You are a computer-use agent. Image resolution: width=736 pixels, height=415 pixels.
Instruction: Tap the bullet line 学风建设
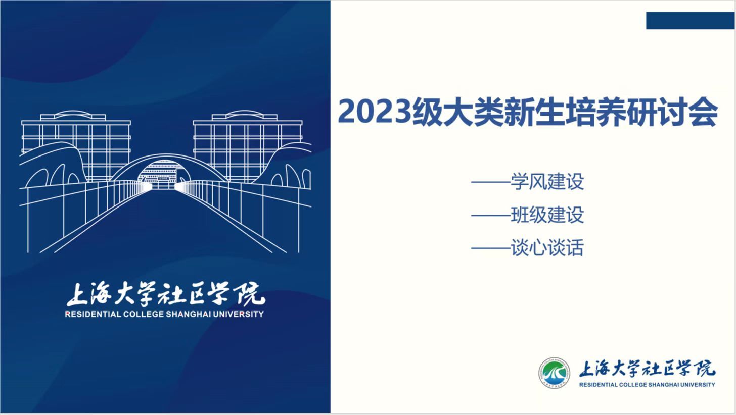(x=528, y=181)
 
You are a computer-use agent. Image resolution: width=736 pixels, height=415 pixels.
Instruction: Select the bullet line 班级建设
(x=528, y=215)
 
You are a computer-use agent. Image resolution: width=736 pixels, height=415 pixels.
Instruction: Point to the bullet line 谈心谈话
(x=528, y=248)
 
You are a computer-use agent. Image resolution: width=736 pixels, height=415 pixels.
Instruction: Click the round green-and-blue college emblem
(x=554, y=373)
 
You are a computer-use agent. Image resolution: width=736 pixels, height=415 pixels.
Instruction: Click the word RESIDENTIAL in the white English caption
(x=93, y=315)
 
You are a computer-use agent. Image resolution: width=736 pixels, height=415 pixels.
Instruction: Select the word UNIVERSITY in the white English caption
(x=239, y=315)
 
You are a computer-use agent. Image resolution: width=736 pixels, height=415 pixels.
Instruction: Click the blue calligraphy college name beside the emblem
(x=647, y=369)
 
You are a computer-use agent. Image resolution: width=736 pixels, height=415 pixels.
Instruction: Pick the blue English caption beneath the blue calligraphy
(x=647, y=385)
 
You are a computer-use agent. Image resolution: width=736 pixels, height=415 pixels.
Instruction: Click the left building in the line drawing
(x=76, y=146)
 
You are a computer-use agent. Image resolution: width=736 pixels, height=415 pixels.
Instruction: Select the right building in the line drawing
(x=248, y=146)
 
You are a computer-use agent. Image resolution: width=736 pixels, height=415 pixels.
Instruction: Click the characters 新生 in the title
(x=519, y=113)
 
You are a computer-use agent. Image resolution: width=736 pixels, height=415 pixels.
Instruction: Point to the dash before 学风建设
(x=491, y=182)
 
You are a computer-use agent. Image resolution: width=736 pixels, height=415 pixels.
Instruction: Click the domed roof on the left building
(x=73, y=114)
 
